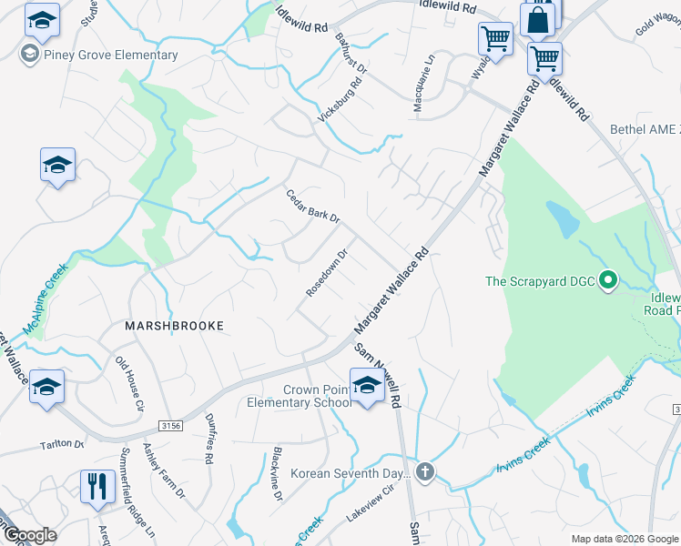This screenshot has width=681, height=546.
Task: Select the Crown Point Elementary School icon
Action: point(367,387)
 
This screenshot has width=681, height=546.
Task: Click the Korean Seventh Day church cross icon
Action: point(424,471)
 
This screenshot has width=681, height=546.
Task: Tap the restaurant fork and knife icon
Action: point(97,487)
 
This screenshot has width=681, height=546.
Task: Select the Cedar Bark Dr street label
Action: point(312,207)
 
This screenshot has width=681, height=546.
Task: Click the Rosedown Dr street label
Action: point(327,273)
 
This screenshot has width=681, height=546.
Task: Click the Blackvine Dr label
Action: point(278,472)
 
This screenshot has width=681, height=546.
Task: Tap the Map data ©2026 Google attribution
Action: point(624,539)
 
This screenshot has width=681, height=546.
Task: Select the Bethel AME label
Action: point(645,129)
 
